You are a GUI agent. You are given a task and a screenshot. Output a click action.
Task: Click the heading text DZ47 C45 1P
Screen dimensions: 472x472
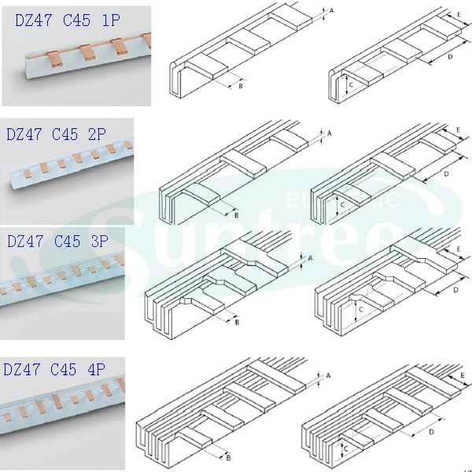pos(68,20)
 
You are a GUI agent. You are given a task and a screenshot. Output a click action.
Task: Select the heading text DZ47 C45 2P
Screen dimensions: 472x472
pos(57,134)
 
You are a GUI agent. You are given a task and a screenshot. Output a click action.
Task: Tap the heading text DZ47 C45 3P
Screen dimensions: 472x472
pos(57,242)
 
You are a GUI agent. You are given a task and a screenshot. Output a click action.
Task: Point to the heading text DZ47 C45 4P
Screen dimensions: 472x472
pos(54,369)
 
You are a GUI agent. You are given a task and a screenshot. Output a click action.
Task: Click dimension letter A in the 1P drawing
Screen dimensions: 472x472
pos(331,10)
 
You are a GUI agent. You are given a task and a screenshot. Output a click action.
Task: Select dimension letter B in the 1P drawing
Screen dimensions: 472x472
pos(241,86)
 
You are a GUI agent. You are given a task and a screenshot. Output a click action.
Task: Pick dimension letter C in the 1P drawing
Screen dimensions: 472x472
pos(352,85)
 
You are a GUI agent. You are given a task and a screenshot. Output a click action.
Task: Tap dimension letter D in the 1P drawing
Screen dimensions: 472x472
pos(450,57)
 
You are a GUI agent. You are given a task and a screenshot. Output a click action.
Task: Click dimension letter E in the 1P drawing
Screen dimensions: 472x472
pos(459,14)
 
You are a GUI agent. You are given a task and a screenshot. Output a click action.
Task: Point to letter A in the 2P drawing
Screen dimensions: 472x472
pos(329,133)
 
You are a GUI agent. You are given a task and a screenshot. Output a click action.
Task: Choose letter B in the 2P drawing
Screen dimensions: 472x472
pos(237,216)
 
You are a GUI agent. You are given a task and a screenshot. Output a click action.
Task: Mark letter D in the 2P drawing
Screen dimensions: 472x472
pos(446,174)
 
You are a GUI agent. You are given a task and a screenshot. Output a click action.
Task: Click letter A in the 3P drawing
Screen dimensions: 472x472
pos(311,258)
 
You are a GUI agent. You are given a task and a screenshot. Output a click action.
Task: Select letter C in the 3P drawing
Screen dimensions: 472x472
pos(362,309)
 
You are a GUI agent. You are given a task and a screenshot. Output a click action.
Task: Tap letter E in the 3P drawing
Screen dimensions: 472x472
pos(459,249)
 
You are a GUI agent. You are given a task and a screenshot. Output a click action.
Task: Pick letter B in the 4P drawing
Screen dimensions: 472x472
pos(228,458)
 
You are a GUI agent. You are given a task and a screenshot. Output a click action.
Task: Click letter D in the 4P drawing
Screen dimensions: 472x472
pos(431,432)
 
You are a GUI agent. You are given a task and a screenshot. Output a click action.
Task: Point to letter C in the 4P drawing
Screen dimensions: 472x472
pos(346,449)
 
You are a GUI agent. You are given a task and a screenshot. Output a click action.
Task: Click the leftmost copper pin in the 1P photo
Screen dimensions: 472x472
pos(54,59)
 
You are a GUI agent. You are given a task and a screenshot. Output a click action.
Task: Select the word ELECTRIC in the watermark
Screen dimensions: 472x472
pos(344,199)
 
